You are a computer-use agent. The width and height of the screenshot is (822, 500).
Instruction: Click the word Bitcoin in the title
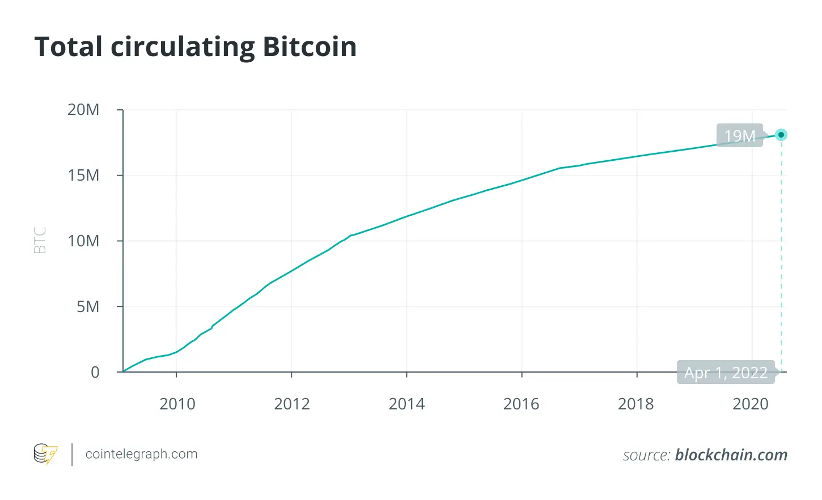coord(310,46)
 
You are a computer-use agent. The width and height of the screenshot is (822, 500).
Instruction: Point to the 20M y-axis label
coord(83,110)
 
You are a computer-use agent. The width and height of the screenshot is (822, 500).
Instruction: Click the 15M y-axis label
coord(83,176)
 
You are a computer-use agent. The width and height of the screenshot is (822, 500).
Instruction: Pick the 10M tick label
coord(83,241)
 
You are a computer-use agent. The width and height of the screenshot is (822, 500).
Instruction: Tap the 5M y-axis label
coord(88,307)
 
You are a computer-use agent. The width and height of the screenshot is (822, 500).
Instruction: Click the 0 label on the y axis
coord(95,373)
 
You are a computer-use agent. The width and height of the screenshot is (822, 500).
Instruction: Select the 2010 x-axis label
coord(177,404)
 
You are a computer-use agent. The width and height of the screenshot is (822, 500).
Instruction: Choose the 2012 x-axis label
coord(292,404)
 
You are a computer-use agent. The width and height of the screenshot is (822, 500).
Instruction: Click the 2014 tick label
coord(406,404)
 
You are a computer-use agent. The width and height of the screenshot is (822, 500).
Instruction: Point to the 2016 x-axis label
coord(521,404)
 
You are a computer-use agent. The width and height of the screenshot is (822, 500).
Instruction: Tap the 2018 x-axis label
coord(635,404)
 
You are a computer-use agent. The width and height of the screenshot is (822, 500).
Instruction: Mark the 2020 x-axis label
coord(751,404)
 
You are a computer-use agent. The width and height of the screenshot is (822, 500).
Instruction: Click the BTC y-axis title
coord(40,240)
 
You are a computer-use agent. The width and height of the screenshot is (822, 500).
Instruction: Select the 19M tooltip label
coord(740,136)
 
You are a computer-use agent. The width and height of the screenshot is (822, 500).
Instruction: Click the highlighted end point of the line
coord(781,135)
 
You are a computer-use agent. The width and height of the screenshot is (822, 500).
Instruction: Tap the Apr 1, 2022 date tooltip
coord(726,373)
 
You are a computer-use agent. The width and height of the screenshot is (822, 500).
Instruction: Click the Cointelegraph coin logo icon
coord(45,454)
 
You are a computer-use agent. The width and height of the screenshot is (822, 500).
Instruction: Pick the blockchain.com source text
coord(731,455)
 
